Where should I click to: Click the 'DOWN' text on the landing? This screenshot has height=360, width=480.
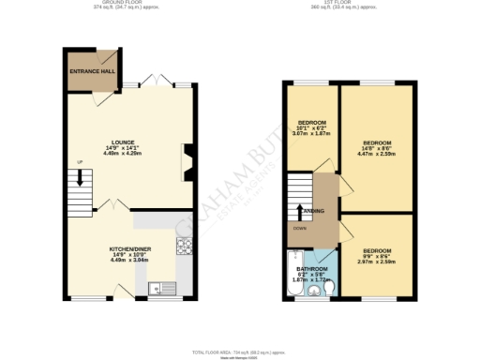tap(298, 228)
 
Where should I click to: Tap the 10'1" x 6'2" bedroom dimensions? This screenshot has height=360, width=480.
tap(311, 130)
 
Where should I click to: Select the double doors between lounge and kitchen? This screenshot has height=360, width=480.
tap(112, 204)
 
